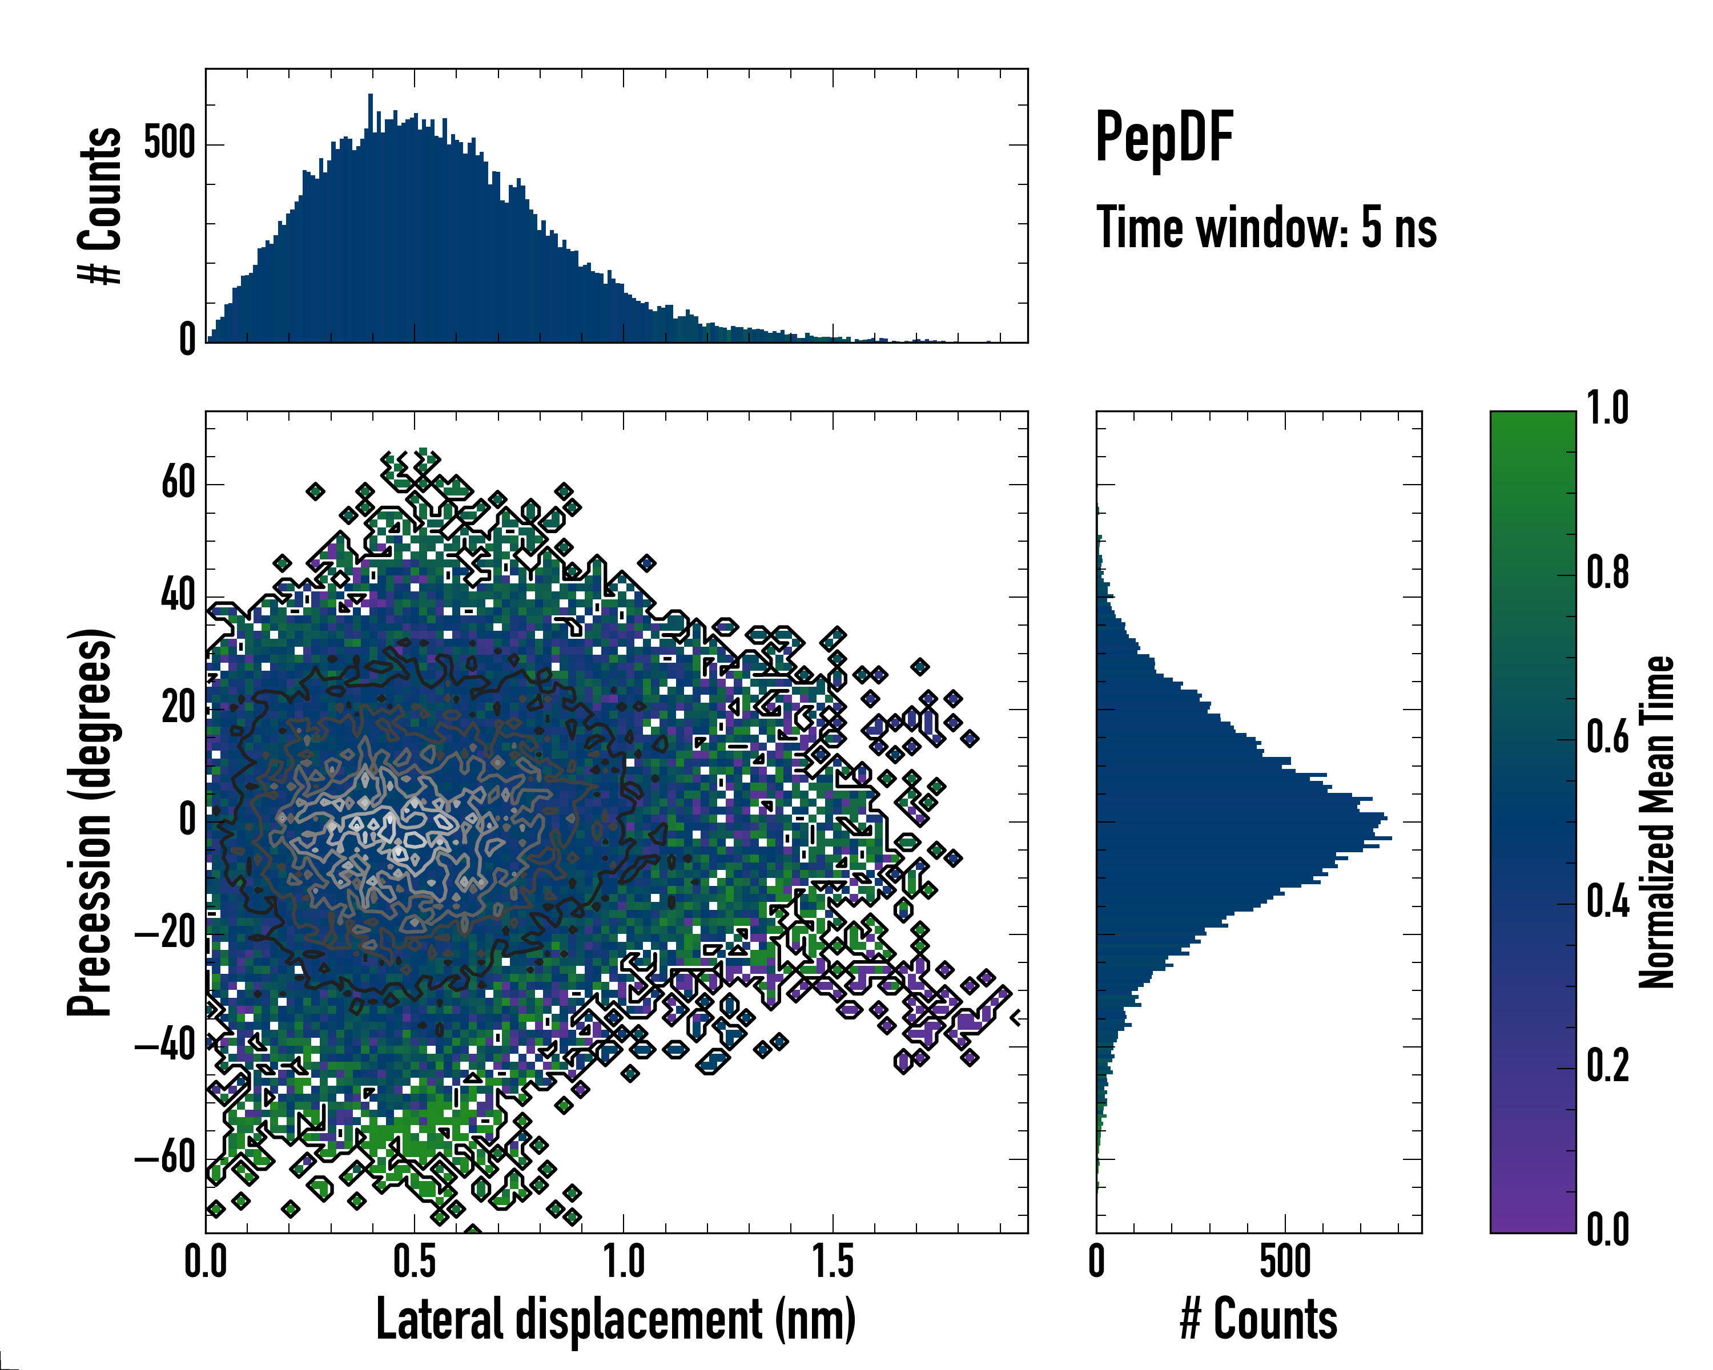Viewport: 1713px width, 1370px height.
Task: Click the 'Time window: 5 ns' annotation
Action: coord(1266,228)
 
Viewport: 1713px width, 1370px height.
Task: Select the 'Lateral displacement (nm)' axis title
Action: coord(616,1319)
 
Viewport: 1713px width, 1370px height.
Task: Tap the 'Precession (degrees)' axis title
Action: coord(89,823)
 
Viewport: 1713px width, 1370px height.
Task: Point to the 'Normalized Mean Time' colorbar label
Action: coord(1656,822)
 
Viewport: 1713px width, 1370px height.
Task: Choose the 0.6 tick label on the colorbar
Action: coord(1607,737)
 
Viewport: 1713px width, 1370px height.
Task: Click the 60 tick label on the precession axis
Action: coord(179,482)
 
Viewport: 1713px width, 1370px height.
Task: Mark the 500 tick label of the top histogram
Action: coord(169,144)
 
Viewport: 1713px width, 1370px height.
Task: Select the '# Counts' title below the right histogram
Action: coord(1258,1319)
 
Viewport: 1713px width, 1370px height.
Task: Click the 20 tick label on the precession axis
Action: coord(179,708)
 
